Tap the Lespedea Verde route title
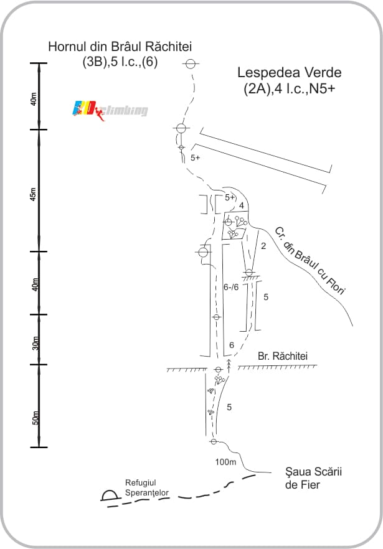[290, 72]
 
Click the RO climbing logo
[110, 110]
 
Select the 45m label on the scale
[33, 194]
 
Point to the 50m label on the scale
[35, 418]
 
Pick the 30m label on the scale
[35, 343]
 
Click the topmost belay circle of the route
[191, 63]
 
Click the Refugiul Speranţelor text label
[147, 488]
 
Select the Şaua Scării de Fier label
[313, 478]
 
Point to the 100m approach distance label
[225, 462]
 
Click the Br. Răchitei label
[283, 356]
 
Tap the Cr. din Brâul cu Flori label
[310, 260]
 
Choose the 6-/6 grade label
[231, 287]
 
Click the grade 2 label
[263, 246]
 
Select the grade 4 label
[242, 205]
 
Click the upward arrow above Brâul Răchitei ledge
[229, 365]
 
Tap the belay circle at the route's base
[214, 441]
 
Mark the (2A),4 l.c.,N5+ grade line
[290, 88]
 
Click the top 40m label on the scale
[33, 99]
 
